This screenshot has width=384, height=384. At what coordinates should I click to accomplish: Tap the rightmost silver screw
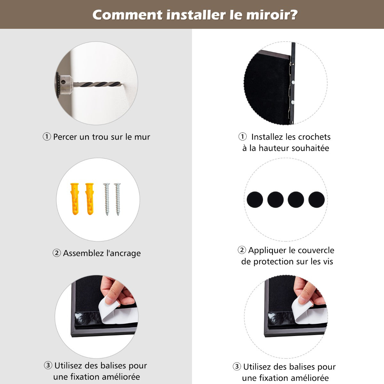click(118, 199)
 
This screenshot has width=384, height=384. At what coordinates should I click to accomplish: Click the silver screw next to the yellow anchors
click(107, 199)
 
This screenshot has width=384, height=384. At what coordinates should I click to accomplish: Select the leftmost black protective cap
click(255, 200)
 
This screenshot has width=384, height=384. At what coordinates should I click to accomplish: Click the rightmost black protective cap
click(316, 200)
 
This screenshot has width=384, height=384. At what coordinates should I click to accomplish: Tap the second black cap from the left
click(276, 200)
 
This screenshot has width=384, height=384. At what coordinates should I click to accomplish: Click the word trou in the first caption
click(100, 137)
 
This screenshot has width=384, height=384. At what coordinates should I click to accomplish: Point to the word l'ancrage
click(123, 253)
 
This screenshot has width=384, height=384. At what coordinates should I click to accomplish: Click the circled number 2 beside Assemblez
click(57, 253)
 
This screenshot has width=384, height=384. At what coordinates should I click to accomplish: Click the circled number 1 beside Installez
click(243, 137)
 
